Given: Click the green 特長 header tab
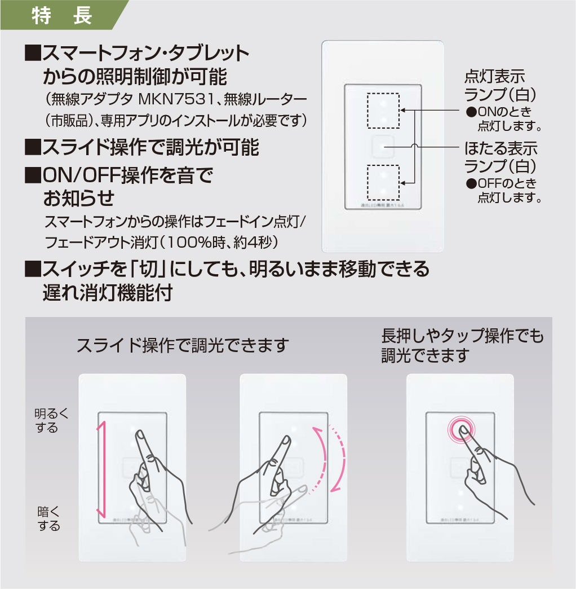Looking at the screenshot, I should pos(62,15).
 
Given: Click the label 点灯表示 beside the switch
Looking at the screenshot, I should pos(494,76).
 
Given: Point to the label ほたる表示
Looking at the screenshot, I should pos(500,149).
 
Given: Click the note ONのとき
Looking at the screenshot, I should pos(504,111).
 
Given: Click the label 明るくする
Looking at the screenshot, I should pos(51,421).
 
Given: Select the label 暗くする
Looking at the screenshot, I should pos(48,518).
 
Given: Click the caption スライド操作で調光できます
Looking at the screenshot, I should pos(183,345).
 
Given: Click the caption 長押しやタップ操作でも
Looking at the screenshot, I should pos(463,336).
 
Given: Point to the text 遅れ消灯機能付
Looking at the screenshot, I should pos(107,293).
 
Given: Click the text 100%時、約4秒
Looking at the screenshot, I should pos(226,243).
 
